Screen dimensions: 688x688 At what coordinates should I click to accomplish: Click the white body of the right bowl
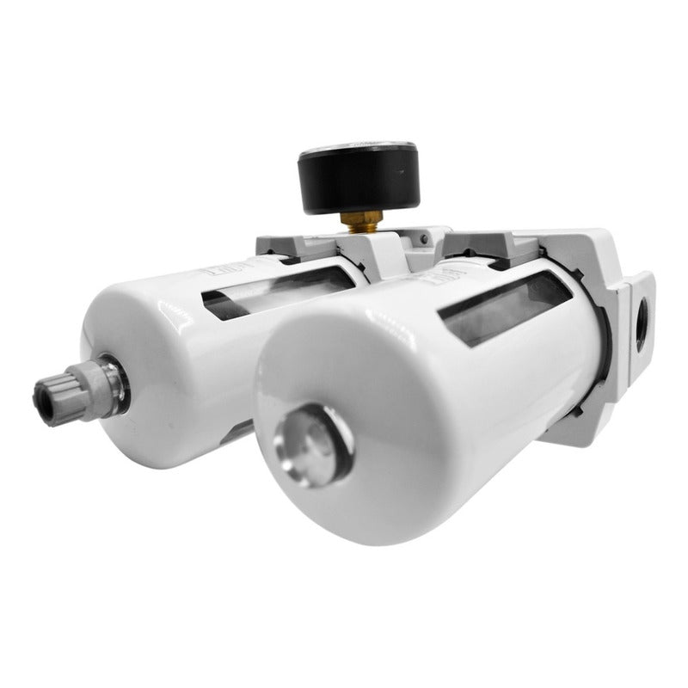430,413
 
